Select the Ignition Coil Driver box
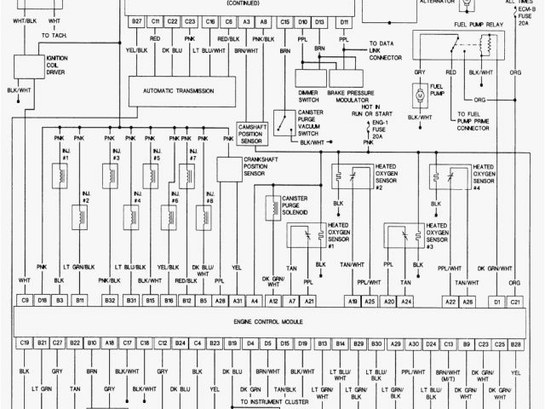click(x=34, y=65)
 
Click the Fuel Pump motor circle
click(x=419, y=97)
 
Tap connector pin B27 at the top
click(x=136, y=20)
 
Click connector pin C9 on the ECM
click(x=24, y=301)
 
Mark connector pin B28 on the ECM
click(x=516, y=343)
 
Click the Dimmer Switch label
click(x=308, y=95)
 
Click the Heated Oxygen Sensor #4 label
click(x=485, y=175)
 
